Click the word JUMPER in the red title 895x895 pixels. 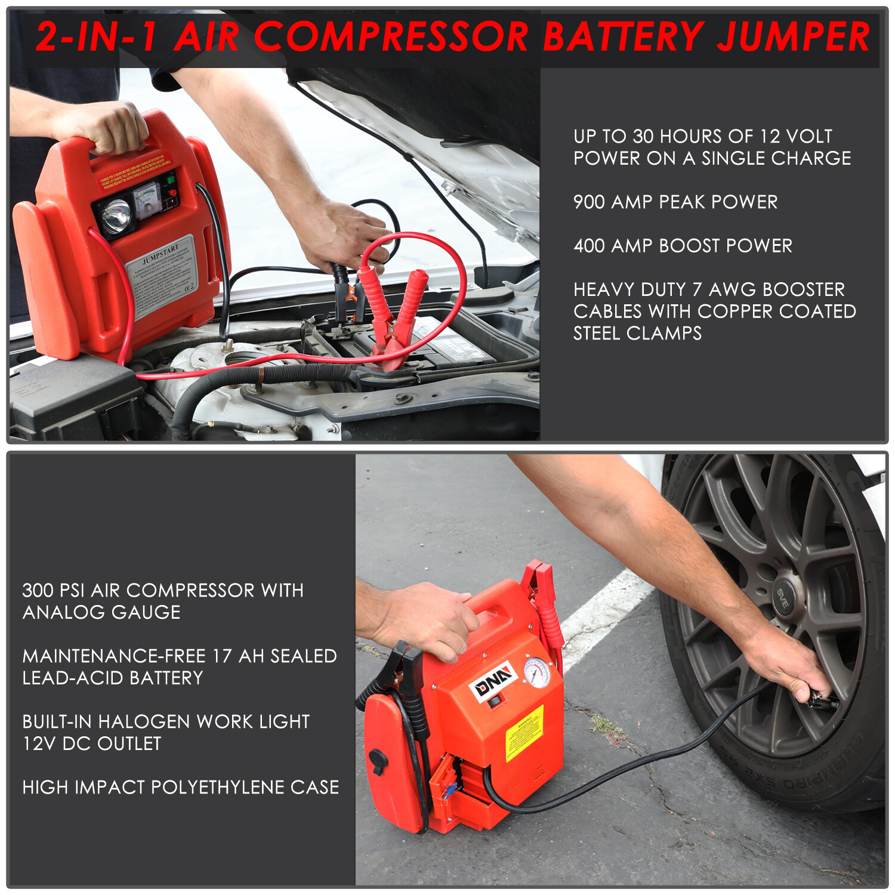click(x=794, y=36)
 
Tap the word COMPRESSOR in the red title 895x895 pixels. click(x=391, y=36)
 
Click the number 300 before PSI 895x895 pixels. click(x=38, y=591)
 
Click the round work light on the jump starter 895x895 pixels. click(x=116, y=215)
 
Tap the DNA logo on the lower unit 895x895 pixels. click(x=493, y=680)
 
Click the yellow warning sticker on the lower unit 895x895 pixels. click(x=524, y=733)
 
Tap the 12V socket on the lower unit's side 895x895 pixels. click(x=378, y=763)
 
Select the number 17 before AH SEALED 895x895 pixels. click(x=222, y=656)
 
